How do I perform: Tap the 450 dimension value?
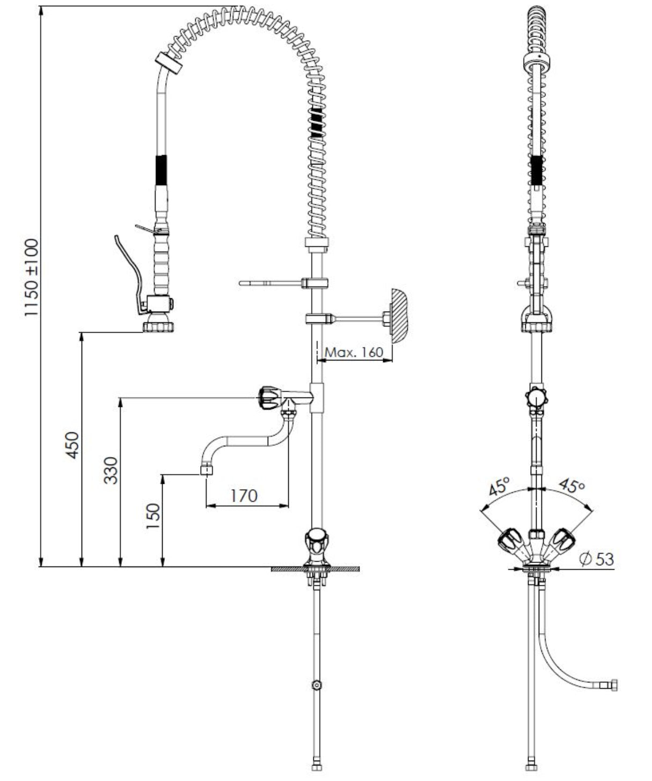(x=72, y=445)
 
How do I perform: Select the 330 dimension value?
(x=111, y=470)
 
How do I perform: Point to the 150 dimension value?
(x=153, y=516)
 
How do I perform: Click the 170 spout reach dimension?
(x=244, y=495)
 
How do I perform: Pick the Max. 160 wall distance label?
(x=355, y=352)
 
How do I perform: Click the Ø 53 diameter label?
(x=597, y=559)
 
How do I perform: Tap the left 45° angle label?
(x=499, y=487)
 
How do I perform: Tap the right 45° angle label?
(x=571, y=486)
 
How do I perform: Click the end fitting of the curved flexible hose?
(x=611, y=685)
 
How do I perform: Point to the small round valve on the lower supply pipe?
(x=317, y=685)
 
